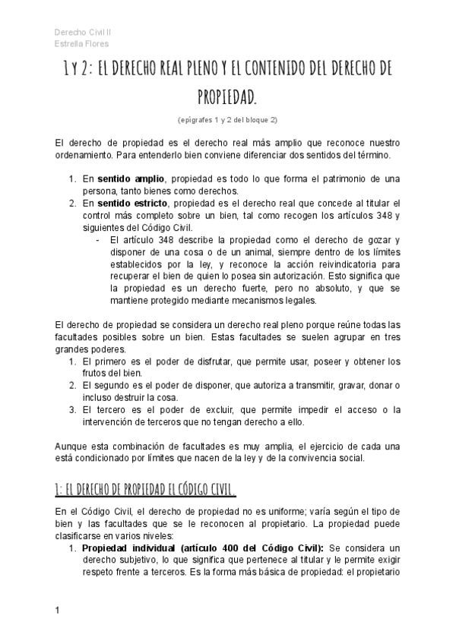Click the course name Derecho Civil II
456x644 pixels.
(x=83, y=32)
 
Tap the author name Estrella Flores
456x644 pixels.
(x=81, y=44)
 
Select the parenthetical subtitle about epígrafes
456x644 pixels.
(x=227, y=120)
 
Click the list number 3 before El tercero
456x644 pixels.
(x=71, y=410)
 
